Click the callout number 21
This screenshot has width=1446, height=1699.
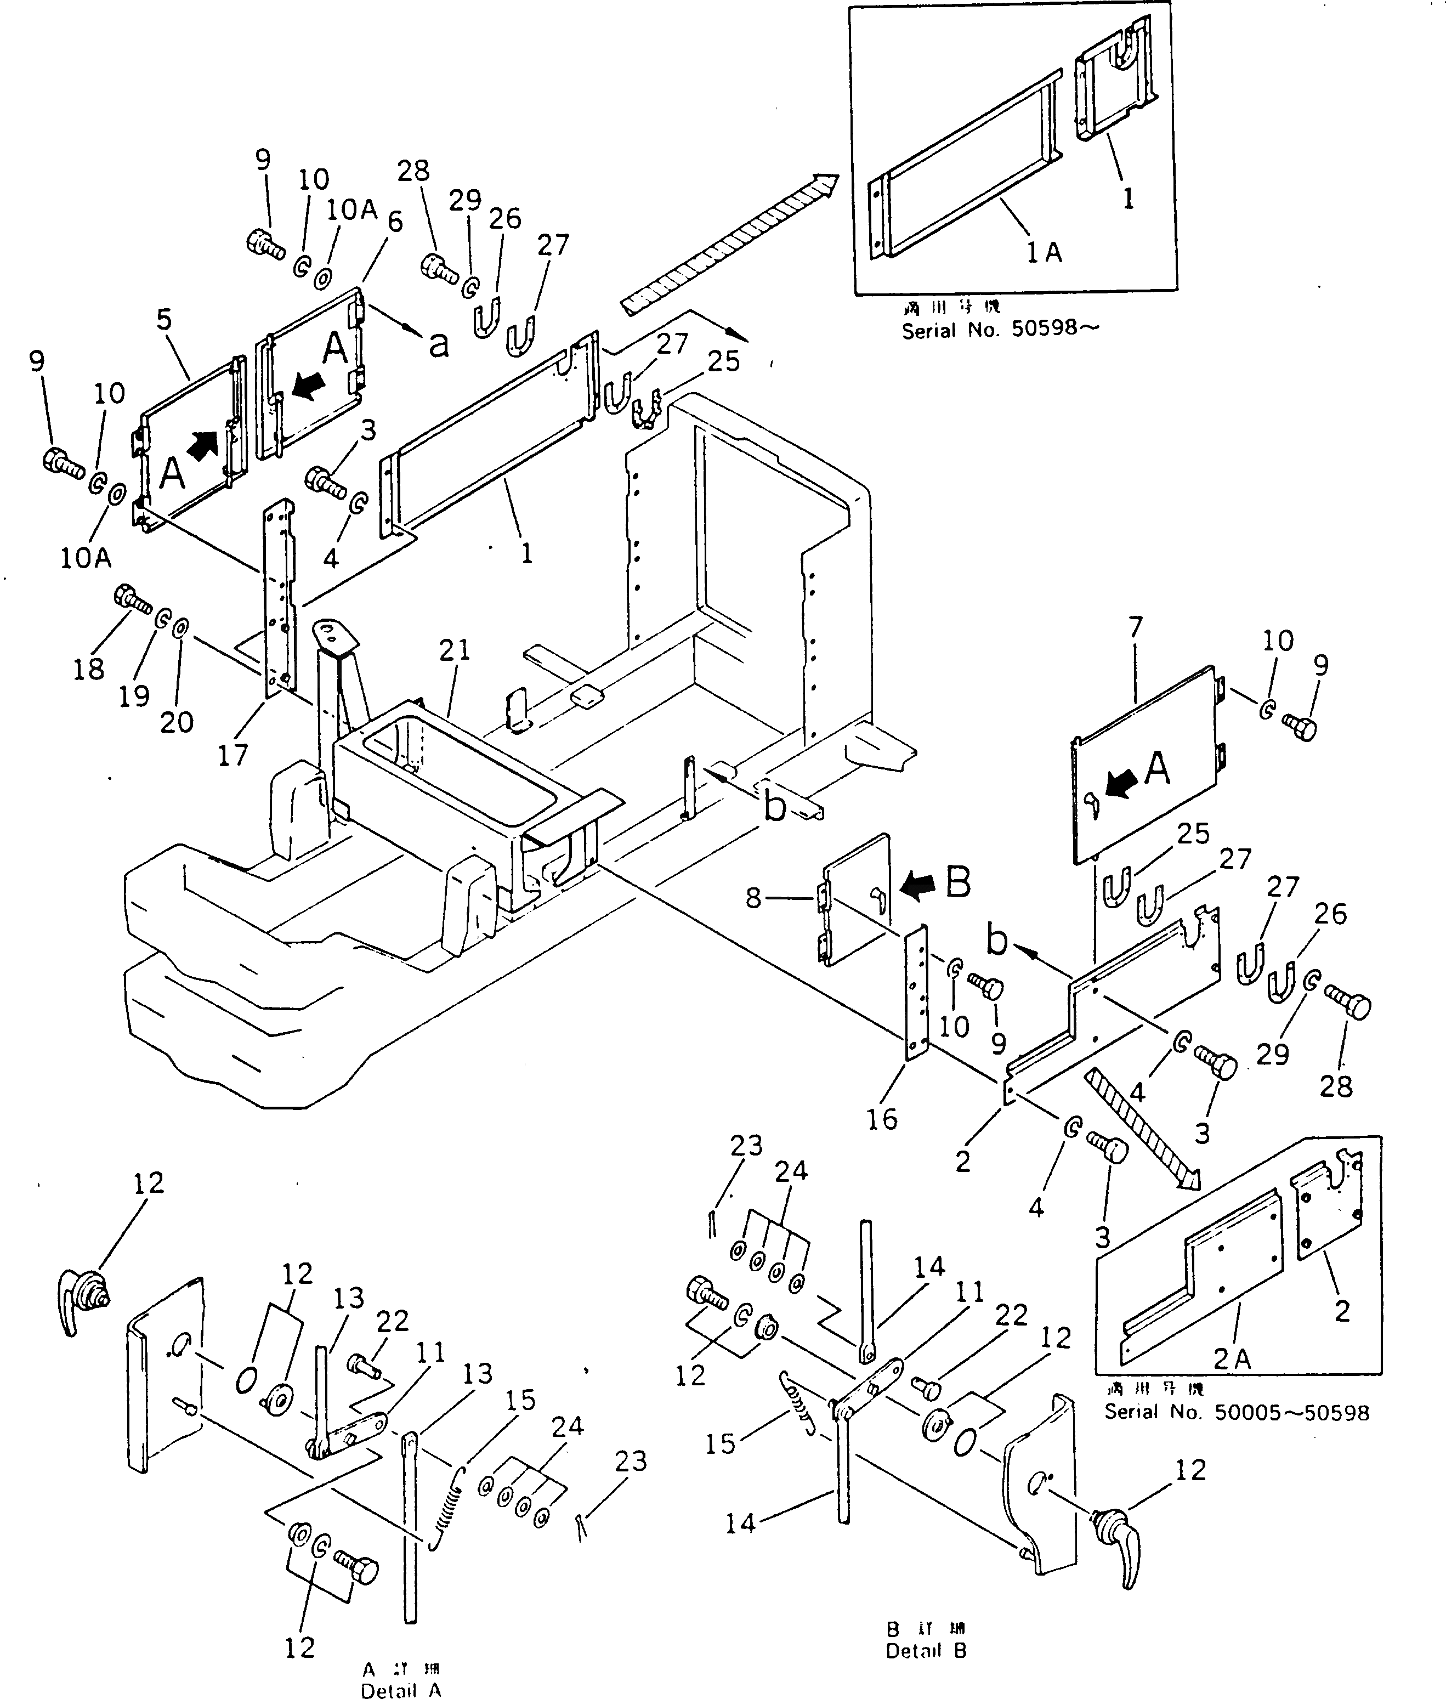point(455,650)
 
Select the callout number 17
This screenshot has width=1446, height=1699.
point(233,755)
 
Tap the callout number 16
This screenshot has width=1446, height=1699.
point(882,1119)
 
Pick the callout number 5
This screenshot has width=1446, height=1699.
point(165,320)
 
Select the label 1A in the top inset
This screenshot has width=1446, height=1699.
point(1044,253)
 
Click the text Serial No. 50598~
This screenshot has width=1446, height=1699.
point(1000,331)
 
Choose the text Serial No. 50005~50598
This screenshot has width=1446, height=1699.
point(1236,1413)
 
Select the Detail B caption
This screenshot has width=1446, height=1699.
point(926,1651)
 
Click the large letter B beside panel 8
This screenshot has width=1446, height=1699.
point(959,883)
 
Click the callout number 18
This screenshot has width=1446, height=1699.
point(88,669)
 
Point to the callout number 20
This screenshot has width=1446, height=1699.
point(176,722)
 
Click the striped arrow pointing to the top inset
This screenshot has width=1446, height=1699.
point(729,243)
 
